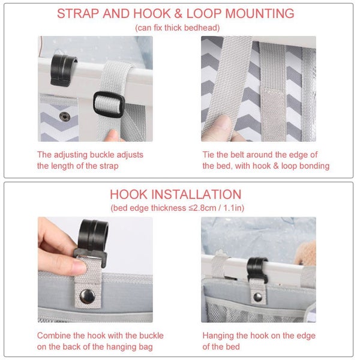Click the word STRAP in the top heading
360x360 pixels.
click(78, 13)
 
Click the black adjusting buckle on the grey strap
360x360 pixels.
click(109, 104)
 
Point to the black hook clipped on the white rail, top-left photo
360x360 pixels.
click(62, 70)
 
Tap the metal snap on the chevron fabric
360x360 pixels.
click(65, 116)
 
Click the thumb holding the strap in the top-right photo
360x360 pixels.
click(220, 128)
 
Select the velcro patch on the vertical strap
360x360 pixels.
click(273, 113)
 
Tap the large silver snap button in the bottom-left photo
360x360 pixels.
click(87, 296)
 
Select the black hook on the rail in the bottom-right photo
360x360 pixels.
click(257, 271)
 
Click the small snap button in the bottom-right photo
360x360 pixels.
click(257, 298)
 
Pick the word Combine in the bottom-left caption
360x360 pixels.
click(54, 335)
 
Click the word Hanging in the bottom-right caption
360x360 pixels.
click(218, 336)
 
